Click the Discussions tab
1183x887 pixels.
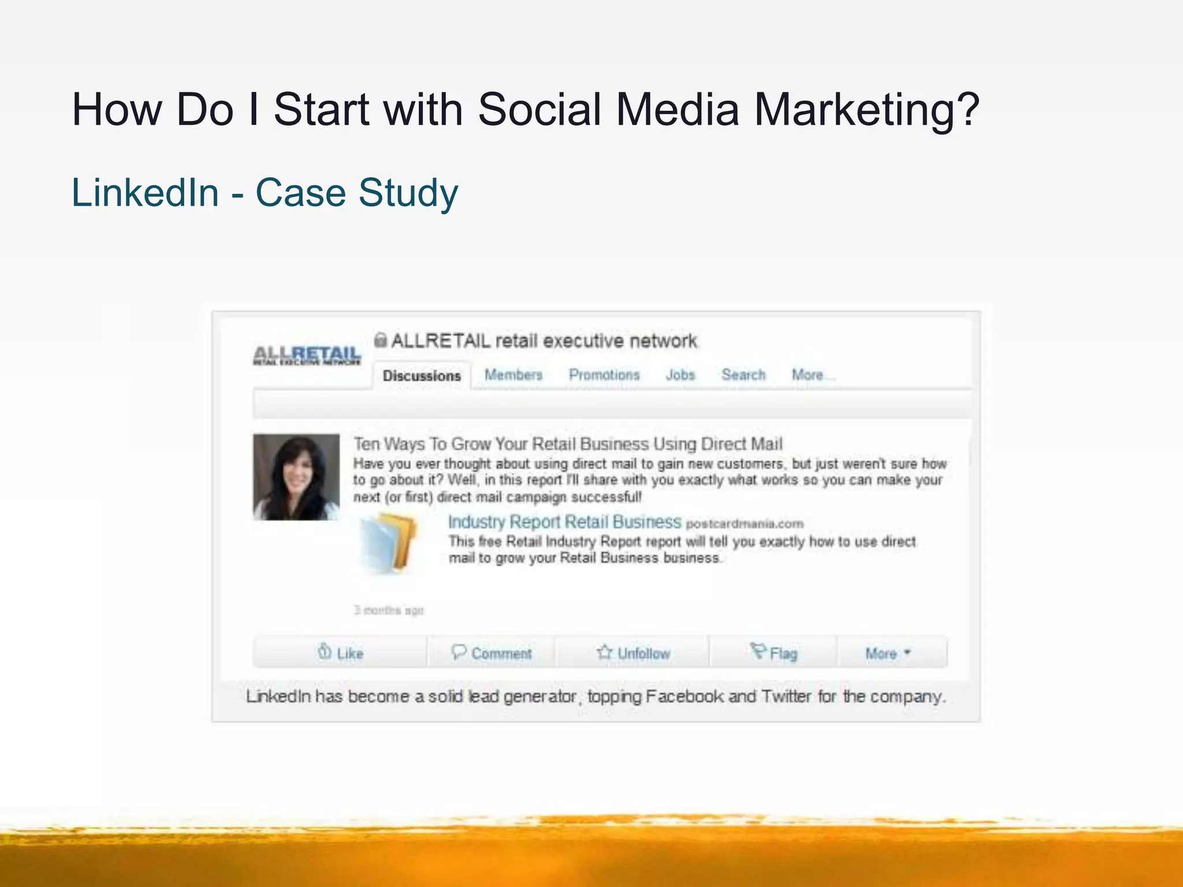[422, 376]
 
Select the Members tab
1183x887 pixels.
[514, 375]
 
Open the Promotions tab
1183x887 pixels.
[604, 375]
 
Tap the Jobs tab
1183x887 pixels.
[680, 375]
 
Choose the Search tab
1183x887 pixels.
[743, 375]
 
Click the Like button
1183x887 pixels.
[341, 653]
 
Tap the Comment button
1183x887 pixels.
[492, 653]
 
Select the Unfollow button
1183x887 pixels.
[633, 653]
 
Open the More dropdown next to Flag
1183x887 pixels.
[888, 653]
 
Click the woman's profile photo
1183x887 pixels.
[296, 477]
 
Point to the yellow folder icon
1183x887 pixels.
[388, 543]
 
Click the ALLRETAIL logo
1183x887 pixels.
[307, 355]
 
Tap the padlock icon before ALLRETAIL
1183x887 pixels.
[380, 340]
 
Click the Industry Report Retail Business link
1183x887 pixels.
[564, 522]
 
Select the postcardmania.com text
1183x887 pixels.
[745, 524]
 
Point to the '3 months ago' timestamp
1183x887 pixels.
[388, 610]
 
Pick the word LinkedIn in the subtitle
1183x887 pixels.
[145, 192]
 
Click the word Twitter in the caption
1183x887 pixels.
[786, 696]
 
